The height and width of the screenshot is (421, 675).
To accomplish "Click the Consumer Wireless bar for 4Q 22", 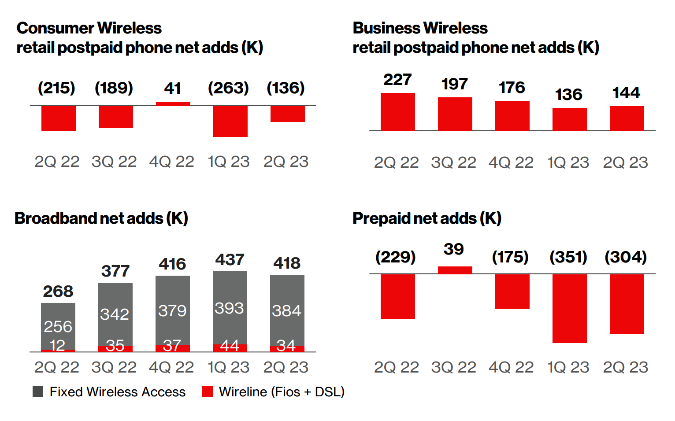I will [173, 104].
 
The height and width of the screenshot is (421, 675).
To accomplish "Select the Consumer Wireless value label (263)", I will [228, 88].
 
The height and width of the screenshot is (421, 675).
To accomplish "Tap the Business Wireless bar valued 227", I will [397, 112].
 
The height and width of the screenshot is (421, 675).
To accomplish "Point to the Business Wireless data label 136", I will [568, 95].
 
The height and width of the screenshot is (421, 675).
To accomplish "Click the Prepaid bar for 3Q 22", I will [455, 270].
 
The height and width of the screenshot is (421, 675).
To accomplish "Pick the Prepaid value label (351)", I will [568, 257].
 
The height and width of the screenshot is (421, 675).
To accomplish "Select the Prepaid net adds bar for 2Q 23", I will [627, 304].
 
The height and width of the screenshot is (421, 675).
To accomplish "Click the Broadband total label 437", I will [230, 260].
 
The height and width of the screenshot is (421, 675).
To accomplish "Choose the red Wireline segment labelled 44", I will [230, 347].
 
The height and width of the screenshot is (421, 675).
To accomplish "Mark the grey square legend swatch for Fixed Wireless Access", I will [38, 391].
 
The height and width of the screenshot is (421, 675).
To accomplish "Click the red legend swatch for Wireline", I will [208, 391].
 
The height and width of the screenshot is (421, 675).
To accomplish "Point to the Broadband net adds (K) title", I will [101, 218].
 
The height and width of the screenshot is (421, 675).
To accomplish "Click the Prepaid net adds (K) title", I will [427, 218].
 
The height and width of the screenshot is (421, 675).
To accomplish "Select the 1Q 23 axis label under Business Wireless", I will [568, 162].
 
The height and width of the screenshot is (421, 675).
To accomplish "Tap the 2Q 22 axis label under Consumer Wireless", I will [57, 162].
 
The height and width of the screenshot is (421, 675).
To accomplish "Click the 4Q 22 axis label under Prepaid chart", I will [511, 367].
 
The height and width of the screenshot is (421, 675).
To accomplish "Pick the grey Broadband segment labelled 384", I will [287, 310].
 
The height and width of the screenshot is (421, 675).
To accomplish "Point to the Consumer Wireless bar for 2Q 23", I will [287, 114].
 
